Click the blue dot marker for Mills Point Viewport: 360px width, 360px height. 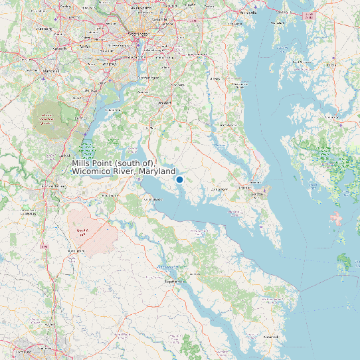[179, 179]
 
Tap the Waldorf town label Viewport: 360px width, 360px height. [164, 103]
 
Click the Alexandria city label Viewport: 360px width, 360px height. [135, 58]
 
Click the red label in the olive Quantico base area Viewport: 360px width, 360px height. [46, 119]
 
